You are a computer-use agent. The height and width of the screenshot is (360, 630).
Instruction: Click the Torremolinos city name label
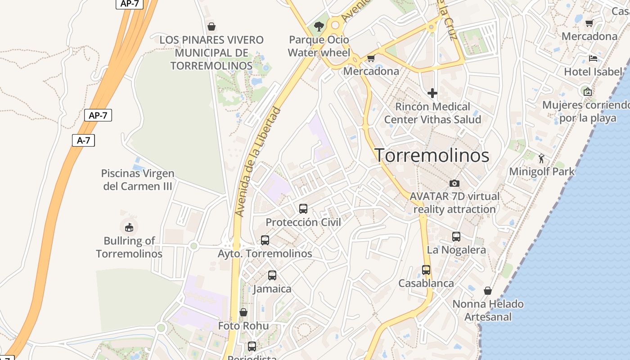(x=432, y=156)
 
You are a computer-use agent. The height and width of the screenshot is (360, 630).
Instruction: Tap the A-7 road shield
(x=83, y=140)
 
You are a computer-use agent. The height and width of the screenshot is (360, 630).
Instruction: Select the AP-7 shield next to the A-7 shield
(x=98, y=115)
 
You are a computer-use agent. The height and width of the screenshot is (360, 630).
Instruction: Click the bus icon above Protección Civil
(x=303, y=209)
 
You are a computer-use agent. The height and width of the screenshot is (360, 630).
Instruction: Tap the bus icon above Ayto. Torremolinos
(x=265, y=240)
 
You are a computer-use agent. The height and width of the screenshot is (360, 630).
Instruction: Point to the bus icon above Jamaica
(x=272, y=275)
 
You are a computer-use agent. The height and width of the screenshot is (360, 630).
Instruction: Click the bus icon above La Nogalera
(x=456, y=237)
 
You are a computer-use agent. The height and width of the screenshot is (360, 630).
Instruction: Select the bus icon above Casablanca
(x=426, y=270)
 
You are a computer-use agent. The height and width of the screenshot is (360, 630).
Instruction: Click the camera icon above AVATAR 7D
(x=454, y=183)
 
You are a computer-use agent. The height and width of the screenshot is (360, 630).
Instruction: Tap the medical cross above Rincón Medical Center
(x=432, y=93)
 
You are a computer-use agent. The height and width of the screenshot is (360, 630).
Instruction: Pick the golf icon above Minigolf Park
(x=541, y=158)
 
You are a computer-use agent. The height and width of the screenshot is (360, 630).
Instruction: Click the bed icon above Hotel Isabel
(x=593, y=58)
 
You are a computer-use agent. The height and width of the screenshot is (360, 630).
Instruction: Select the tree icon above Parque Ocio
(x=319, y=27)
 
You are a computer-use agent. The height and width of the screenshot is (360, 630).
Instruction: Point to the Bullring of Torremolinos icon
(x=129, y=227)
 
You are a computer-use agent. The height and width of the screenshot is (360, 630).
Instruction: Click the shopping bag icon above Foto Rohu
(x=243, y=312)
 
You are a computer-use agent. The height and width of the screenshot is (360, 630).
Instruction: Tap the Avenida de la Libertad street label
(x=258, y=162)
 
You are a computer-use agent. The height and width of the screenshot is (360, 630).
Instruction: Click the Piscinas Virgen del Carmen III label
(x=138, y=180)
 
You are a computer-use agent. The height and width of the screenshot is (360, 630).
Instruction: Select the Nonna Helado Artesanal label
(x=488, y=310)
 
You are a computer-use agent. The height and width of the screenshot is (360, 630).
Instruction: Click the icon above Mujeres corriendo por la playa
(x=587, y=92)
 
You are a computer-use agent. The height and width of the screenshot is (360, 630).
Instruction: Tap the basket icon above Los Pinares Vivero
(x=211, y=27)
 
